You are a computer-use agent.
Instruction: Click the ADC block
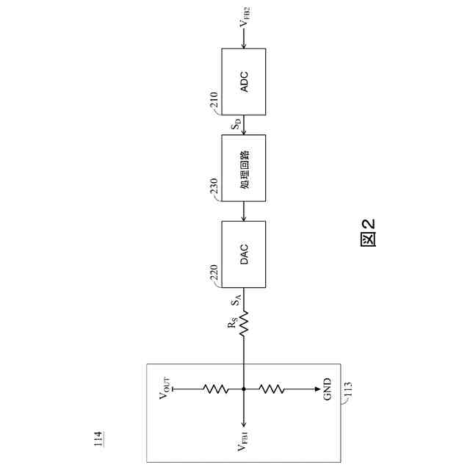coord(244,81)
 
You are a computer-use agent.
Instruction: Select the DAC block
coord(244,254)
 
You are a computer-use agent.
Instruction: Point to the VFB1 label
coord(244,444)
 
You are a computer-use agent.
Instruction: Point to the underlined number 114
coord(98,440)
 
